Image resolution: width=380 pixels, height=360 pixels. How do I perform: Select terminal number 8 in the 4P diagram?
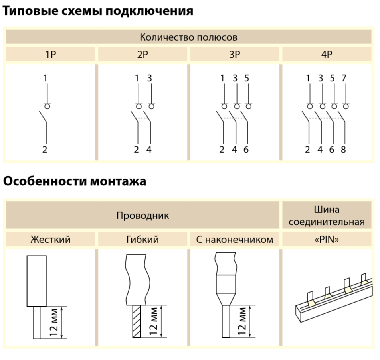(x=344, y=150)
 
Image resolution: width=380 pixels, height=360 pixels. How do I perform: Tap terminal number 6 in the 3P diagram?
(x=246, y=150)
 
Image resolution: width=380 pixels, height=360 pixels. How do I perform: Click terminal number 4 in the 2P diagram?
(x=149, y=150)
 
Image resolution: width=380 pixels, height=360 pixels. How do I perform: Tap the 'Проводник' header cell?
(x=142, y=216)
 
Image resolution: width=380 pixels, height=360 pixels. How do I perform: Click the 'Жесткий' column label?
(x=51, y=240)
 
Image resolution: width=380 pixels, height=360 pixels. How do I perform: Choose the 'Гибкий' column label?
(x=142, y=240)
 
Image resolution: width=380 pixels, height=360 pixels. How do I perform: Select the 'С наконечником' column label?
(x=235, y=240)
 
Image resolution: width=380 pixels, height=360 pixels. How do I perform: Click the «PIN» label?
(x=327, y=240)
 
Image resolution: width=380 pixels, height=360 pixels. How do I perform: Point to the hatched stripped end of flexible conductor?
(x=137, y=321)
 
